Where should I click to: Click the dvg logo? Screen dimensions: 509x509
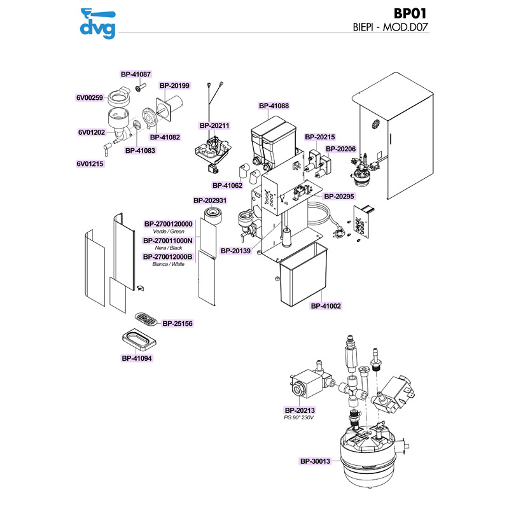point(97,23)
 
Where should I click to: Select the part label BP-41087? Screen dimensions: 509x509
point(136,74)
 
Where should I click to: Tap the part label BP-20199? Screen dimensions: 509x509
point(174,85)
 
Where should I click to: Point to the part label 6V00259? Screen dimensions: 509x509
point(90,98)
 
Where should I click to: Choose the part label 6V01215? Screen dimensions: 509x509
point(90,164)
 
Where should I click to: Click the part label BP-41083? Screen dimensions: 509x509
point(141,151)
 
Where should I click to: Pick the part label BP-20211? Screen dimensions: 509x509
point(214,125)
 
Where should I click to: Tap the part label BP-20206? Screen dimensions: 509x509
point(341,149)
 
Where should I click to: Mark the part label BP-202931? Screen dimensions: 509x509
point(210,200)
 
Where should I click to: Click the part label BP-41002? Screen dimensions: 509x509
point(326,306)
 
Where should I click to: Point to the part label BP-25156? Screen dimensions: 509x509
point(178,323)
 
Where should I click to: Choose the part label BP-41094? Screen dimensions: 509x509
point(137,358)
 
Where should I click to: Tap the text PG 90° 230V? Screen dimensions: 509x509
point(299,418)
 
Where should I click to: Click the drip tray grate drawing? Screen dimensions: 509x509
point(146,317)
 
